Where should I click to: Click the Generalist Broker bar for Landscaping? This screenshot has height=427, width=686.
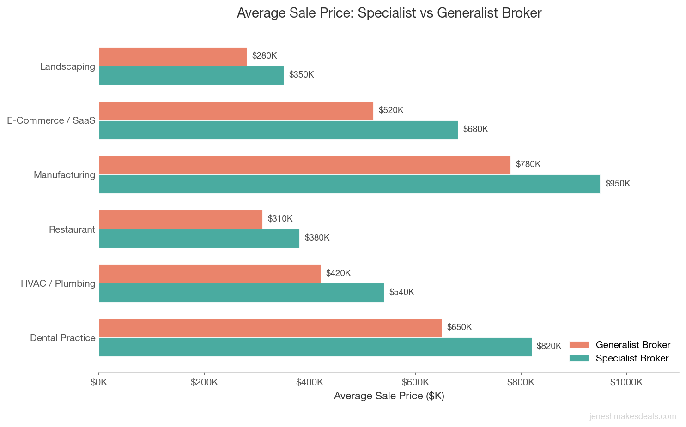(173, 57)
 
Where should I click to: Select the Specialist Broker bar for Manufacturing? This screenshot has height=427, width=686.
(349, 184)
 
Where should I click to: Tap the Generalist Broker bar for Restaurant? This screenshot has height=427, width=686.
(181, 220)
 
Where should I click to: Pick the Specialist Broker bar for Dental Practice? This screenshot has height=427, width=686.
(315, 347)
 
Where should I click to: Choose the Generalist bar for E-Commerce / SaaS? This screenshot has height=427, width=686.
(236, 111)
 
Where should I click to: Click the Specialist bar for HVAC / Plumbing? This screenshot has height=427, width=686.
(241, 293)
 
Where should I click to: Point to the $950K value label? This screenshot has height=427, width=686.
(618, 184)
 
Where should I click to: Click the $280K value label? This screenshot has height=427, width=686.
(264, 56)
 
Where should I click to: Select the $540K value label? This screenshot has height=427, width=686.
(401, 292)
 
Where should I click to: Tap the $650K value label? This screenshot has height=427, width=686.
(459, 327)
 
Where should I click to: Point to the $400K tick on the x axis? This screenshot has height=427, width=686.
(310, 382)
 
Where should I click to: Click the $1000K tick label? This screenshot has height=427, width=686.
(626, 382)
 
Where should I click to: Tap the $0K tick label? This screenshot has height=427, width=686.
(99, 382)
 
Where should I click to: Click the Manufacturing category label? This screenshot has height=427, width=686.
(64, 175)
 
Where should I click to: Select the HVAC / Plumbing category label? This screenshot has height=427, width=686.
(58, 283)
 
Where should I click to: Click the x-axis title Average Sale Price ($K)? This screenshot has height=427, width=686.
(389, 396)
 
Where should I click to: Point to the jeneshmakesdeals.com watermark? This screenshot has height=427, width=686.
(632, 416)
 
